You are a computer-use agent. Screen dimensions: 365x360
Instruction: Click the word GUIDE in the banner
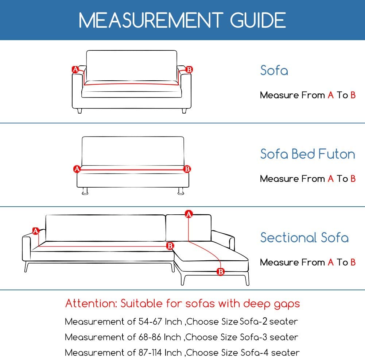(258, 20)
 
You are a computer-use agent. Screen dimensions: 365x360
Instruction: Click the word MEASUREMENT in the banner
(151, 20)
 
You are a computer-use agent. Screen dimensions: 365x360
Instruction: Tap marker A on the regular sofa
(75, 69)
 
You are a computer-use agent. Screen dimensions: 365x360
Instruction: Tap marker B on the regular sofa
(189, 69)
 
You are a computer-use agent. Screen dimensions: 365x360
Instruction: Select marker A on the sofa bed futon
(77, 169)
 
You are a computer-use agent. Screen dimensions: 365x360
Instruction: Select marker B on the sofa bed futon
(187, 169)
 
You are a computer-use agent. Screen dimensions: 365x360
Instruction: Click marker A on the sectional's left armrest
(35, 231)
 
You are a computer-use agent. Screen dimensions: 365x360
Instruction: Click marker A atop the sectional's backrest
(189, 214)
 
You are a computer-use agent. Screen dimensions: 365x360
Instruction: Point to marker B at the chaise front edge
(221, 271)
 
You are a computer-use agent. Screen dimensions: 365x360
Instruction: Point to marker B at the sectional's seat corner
(170, 246)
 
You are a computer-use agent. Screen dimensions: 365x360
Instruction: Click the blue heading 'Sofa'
(274, 70)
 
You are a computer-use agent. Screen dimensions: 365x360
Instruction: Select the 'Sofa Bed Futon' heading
(307, 154)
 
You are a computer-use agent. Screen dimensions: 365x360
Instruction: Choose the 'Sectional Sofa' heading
(304, 237)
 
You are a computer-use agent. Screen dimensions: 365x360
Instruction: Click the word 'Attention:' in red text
(91, 303)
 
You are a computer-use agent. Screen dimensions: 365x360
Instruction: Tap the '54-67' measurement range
(150, 322)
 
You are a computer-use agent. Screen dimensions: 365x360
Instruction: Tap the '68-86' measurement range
(150, 337)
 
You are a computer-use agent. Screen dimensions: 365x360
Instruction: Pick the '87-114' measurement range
(150, 353)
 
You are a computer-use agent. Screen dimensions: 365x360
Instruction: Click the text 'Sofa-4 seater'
(270, 353)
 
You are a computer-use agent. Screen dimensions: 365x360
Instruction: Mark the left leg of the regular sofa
(79, 111)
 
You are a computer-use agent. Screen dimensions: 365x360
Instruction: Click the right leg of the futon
(181, 191)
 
